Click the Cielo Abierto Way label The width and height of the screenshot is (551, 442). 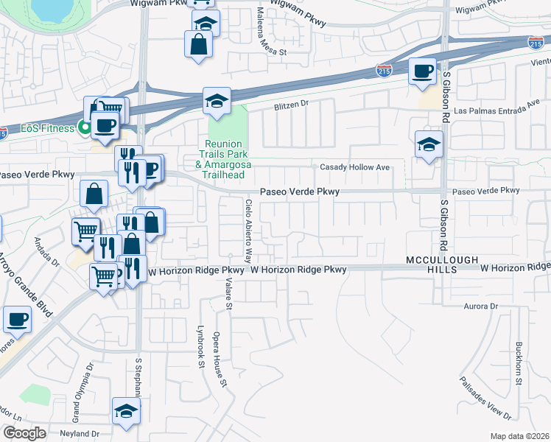click(249, 231)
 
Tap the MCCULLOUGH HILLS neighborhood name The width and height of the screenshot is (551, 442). click(442, 265)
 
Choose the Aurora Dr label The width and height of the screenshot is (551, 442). click(482, 305)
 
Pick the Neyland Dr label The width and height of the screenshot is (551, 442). click(79, 434)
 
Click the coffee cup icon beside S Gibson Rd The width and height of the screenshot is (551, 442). click(422, 71)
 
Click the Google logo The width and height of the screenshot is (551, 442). click(24, 433)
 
